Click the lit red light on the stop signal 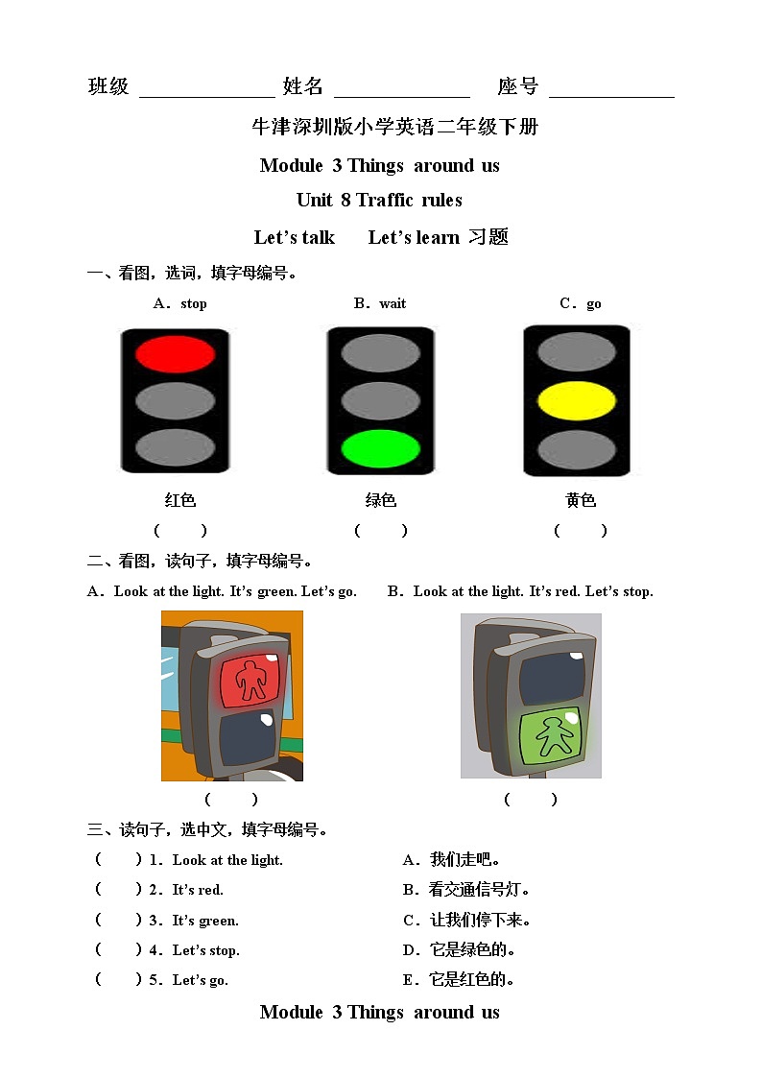pyautogui.click(x=175, y=354)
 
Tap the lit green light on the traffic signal pyautogui.click(x=381, y=448)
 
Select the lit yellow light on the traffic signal pyautogui.click(x=577, y=401)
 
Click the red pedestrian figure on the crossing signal pyautogui.click(x=252, y=679)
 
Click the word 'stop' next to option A pyautogui.click(x=194, y=303)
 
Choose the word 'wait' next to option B pyautogui.click(x=393, y=303)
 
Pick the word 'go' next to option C pyautogui.click(x=594, y=303)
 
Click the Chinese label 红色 pyautogui.click(x=180, y=500)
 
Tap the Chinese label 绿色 pyautogui.click(x=381, y=500)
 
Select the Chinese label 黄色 pyautogui.click(x=581, y=500)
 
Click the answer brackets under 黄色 pyautogui.click(x=581, y=530)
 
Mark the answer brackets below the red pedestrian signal pyautogui.click(x=231, y=799)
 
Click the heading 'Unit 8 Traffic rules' pyautogui.click(x=379, y=200)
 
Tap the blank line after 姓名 pyautogui.click(x=402, y=88)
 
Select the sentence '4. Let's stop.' pyautogui.click(x=194, y=950)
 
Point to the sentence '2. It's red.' pyautogui.click(x=186, y=890)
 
